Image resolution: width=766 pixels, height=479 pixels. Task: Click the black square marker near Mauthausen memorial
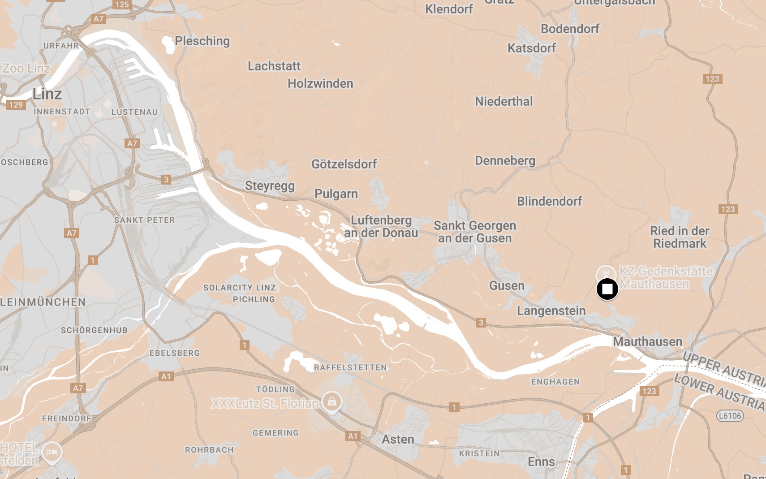pyautogui.click(x=607, y=289)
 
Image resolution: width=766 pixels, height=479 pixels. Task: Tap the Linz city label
pyautogui.click(x=47, y=94)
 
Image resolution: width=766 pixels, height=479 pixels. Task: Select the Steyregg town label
pyautogui.click(x=270, y=186)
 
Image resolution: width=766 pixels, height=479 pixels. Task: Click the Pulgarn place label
pyautogui.click(x=336, y=194)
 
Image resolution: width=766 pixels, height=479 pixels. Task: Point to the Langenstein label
pyautogui.click(x=551, y=311)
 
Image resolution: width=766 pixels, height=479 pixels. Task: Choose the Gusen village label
pyautogui.click(x=507, y=285)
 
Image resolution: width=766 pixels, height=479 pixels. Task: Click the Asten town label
pyautogui.click(x=398, y=439)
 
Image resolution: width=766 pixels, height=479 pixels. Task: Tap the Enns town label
pyautogui.click(x=541, y=462)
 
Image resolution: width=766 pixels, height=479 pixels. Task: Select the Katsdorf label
pyautogui.click(x=531, y=48)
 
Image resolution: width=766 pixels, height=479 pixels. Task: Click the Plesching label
pyautogui.click(x=202, y=41)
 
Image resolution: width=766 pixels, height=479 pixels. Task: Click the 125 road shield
pyautogui.click(x=122, y=4)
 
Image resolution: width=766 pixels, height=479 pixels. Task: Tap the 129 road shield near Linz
pyautogui.click(x=16, y=105)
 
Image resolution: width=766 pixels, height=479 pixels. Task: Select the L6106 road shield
pyautogui.click(x=730, y=415)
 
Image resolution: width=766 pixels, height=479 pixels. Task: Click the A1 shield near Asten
pyautogui.click(x=353, y=436)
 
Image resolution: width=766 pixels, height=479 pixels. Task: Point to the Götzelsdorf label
pyautogui.click(x=344, y=164)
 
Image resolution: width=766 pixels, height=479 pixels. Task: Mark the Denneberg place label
pyautogui.click(x=505, y=160)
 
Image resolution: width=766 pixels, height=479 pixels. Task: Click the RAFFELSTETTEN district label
pyautogui.click(x=350, y=367)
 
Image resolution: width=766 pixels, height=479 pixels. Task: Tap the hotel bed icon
pyautogui.click(x=52, y=452)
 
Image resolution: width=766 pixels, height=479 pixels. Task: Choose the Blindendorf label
pyautogui.click(x=549, y=201)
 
